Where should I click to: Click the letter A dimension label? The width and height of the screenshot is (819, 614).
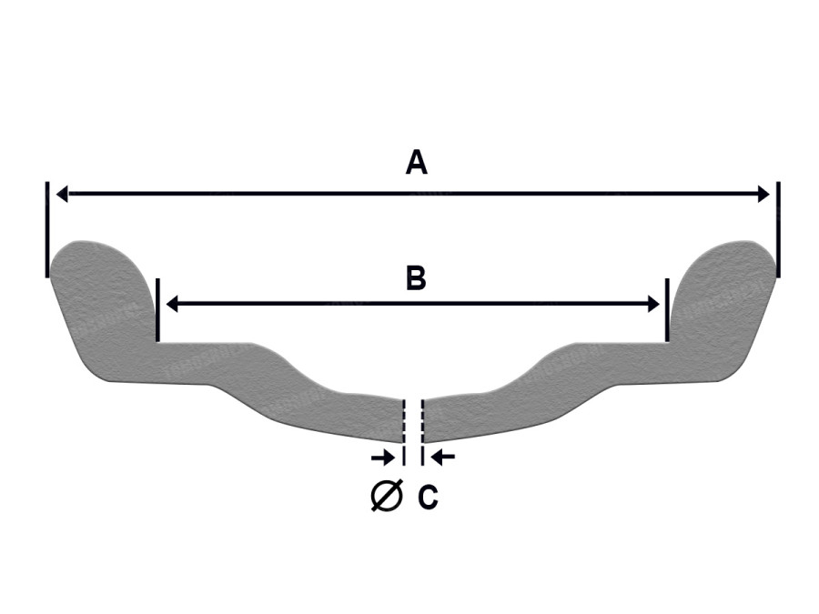(x=416, y=162)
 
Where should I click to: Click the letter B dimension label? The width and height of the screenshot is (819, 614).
(x=416, y=278)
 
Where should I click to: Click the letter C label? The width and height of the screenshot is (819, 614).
(x=428, y=497)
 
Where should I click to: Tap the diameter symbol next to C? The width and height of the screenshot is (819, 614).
(x=387, y=495)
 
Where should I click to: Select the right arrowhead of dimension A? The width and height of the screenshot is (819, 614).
(x=763, y=195)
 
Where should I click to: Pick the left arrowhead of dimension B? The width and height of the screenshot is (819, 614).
(x=172, y=303)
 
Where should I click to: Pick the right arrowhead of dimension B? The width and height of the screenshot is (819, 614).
(x=653, y=303)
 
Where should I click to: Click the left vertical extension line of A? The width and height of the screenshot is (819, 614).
(x=47, y=230)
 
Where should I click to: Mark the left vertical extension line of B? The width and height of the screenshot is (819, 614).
(x=157, y=310)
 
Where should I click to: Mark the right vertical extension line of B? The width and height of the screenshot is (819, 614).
(x=667, y=310)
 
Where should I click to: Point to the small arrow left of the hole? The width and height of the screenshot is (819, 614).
(x=383, y=458)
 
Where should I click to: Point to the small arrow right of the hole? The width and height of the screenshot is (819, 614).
(x=442, y=458)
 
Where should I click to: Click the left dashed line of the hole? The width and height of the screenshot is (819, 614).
(x=403, y=432)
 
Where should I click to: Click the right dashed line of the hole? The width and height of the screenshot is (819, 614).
(x=422, y=432)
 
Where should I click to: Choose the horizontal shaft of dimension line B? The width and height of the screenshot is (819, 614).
(x=412, y=303)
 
